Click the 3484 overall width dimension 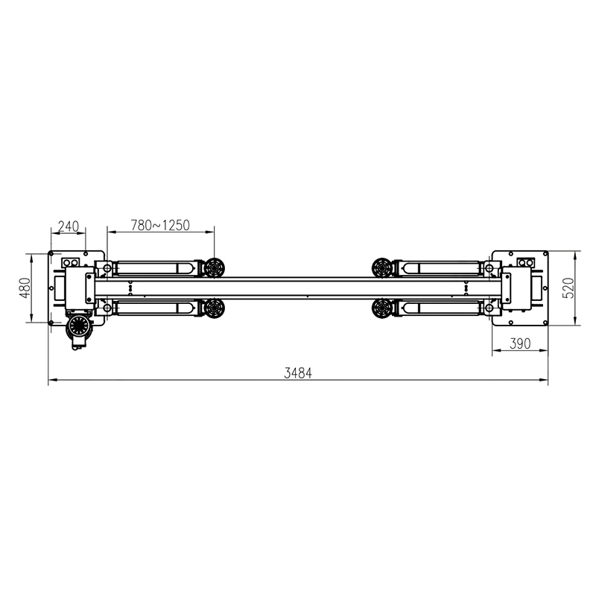point(298,373)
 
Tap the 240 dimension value point(69,226)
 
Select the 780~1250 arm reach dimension point(160,226)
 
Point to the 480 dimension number point(25,288)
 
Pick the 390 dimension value point(520,343)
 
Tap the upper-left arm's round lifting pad point(214,268)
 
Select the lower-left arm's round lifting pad point(214,308)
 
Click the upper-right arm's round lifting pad point(382,268)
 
